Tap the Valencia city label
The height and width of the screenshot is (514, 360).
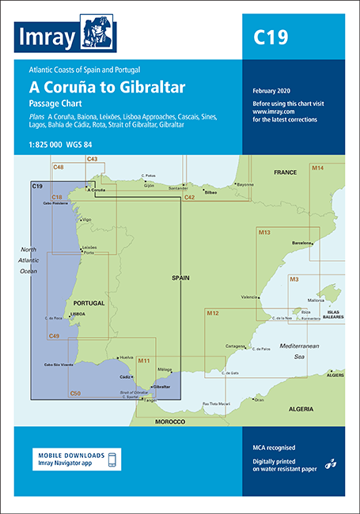(x=248, y=297)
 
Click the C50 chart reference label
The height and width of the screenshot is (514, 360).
(x=75, y=393)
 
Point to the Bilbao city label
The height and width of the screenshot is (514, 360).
(x=210, y=192)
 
